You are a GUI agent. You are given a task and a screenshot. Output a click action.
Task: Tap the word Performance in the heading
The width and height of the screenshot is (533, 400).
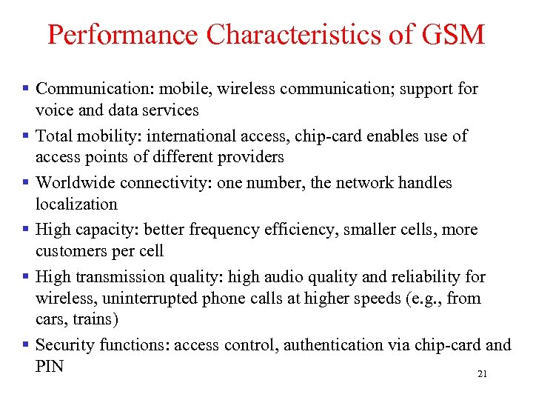[123, 35]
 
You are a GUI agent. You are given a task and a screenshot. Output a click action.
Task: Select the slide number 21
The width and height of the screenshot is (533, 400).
[482, 374]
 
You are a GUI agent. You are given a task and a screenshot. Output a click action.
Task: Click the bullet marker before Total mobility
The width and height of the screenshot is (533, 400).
[26, 136]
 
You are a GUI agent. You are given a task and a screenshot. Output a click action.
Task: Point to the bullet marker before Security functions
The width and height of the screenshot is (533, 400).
[26, 345]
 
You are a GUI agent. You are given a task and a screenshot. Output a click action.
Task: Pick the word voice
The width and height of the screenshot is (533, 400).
[53, 110]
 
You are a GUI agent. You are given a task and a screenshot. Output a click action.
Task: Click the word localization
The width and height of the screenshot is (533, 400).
[76, 204]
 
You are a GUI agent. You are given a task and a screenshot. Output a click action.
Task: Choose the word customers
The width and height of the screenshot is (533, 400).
[71, 251]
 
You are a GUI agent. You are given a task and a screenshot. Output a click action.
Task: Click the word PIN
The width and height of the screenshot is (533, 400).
[50, 366]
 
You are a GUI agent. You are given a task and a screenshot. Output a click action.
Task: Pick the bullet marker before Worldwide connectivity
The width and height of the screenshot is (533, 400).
[26, 183]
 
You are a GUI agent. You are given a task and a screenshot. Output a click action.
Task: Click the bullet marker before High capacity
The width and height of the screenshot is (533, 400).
[26, 230]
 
